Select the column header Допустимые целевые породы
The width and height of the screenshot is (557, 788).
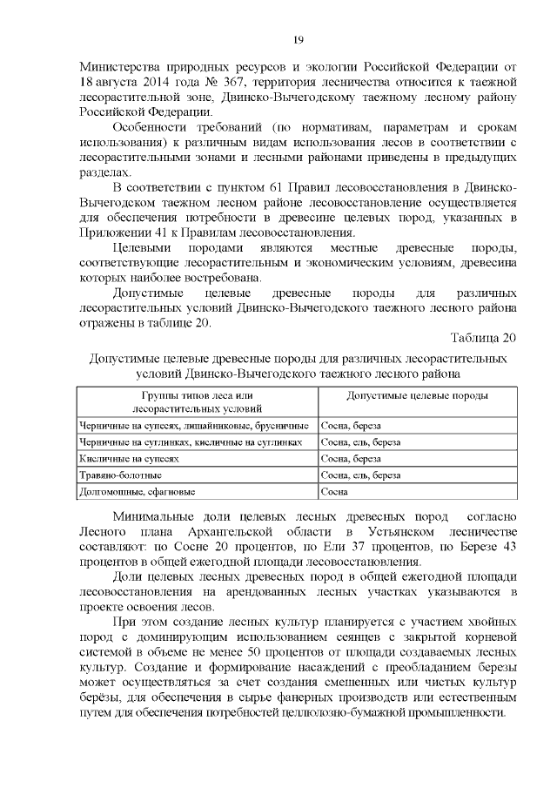417,395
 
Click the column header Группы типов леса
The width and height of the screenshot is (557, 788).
197,395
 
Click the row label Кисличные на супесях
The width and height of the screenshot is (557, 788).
128,458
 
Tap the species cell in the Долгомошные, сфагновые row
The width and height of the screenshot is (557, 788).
334,491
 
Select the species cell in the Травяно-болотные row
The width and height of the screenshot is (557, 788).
360,475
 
